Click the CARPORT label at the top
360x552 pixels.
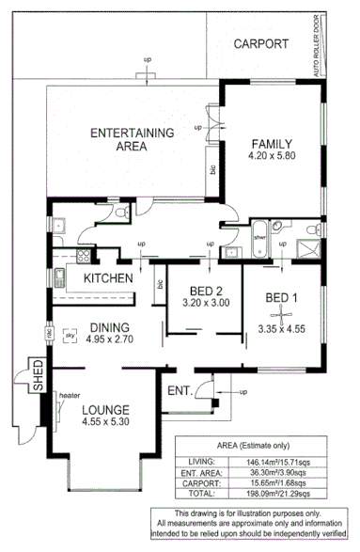262,44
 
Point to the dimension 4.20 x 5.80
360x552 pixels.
274,157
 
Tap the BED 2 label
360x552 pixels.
205,290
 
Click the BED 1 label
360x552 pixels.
282,299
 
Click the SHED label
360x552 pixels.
39,375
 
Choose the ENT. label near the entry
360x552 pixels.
179,390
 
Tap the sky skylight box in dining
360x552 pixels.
69,332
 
